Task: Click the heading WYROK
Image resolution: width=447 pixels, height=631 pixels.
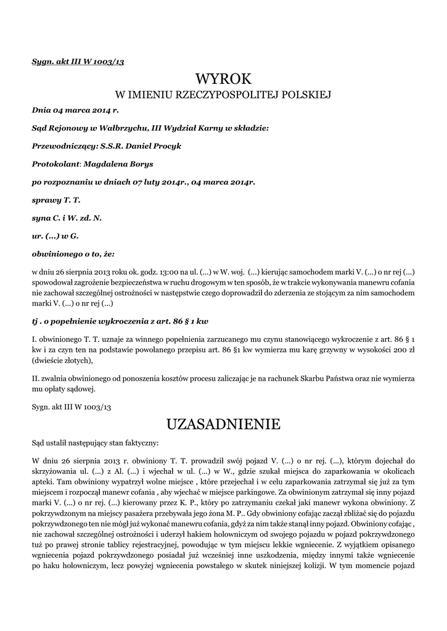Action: click(x=223, y=79)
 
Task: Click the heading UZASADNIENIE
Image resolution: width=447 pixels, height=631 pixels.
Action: click(x=223, y=424)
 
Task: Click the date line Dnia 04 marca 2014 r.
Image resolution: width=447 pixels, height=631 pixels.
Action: click(x=75, y=111)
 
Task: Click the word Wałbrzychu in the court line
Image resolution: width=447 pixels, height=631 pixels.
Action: click(x=112, y=129)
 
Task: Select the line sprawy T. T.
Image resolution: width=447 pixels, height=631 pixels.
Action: click(x=56, y=200)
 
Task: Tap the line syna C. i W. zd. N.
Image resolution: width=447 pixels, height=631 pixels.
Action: click(x=67, y=218)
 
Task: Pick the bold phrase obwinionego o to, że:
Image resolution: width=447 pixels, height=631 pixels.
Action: click(x=73, y=254)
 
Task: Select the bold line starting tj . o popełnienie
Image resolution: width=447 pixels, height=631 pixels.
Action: click(x=120, y=322)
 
